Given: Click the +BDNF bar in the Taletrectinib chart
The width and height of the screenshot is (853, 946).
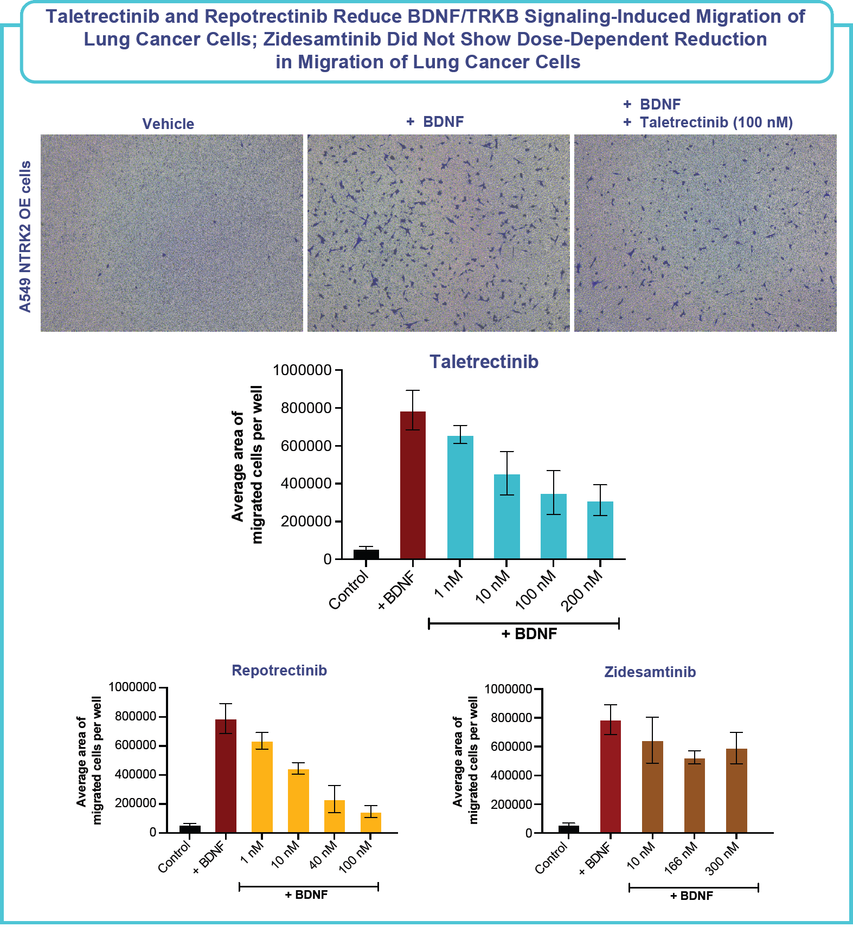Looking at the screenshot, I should click(413, 485).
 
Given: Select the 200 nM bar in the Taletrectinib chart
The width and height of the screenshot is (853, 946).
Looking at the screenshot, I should click(600, 530).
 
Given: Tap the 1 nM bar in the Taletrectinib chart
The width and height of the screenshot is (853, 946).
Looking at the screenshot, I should click(460, 497).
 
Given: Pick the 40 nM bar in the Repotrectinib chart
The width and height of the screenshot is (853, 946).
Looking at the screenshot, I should click(335, 816).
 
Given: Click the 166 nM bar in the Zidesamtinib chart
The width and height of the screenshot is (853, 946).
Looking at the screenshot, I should click(695, 795).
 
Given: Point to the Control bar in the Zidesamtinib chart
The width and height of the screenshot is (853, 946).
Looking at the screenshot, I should click(568, 829).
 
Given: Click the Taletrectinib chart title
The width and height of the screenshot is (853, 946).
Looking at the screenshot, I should click(484, 362).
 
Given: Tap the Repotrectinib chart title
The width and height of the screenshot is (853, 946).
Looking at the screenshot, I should click(279, 671).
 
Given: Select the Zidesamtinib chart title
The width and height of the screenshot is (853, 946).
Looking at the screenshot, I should click(650, 672).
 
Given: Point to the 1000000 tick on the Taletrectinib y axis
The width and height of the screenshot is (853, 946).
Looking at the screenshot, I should click(303, 370).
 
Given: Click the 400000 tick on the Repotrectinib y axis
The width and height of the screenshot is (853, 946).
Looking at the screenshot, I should click(136, 774).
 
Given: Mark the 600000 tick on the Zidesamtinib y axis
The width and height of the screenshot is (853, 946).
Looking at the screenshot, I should click(511, 746).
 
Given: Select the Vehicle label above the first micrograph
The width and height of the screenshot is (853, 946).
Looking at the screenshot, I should click(168, 124).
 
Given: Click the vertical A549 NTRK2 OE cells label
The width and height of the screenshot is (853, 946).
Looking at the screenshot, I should click(25, 236).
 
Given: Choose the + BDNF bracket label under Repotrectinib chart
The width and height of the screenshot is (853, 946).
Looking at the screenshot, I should click(306, 894).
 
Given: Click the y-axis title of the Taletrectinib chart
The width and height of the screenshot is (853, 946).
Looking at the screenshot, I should click(247, 465).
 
